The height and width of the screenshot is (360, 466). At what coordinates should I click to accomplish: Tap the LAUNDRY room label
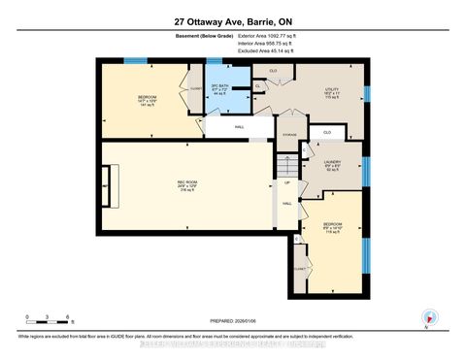click(x=331, y=163)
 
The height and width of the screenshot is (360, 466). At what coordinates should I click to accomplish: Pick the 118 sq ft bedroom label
click(x=332, y=229)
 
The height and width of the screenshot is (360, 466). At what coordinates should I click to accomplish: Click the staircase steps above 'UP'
click(x=286, y=164)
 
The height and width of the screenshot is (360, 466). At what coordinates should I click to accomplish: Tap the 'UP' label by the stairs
click(x=286, y=183)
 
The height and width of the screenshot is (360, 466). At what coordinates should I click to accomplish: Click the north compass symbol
click(x=426, y=317)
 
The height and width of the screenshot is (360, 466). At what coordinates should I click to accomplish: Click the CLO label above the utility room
click(x=274, y=71)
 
